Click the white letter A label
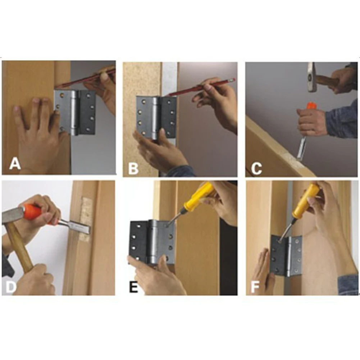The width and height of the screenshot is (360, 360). coord(15,164)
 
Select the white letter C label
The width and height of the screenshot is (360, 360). coord(256,168)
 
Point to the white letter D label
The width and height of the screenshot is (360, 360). coord(10,287)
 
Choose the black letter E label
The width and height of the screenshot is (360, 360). coord(134,287)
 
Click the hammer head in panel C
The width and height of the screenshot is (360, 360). coord(312,77)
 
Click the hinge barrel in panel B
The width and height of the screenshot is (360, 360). coord(155,118)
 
